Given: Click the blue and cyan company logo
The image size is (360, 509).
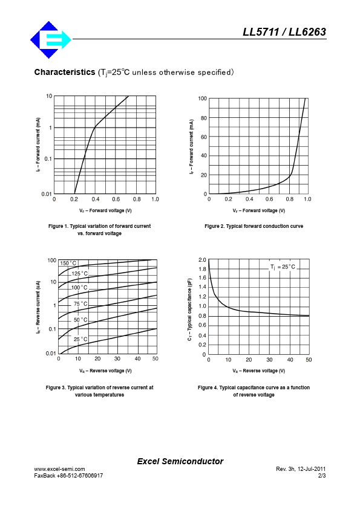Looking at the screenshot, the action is pos(51,40).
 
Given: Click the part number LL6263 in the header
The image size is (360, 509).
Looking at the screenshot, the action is pos(307,32).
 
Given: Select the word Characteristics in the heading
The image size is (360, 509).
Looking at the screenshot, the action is pos(65,72).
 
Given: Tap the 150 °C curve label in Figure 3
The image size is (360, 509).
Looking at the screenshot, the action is pos(68,263).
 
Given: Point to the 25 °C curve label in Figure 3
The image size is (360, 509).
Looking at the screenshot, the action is pos(80,339).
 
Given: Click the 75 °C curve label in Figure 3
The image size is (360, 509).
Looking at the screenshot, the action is pos(80,304).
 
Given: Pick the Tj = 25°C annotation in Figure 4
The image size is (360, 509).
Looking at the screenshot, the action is pos(283,267).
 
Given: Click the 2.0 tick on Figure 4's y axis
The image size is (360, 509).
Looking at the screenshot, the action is pos(202,260).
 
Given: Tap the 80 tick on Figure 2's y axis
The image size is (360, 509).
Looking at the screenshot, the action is pos(204,118).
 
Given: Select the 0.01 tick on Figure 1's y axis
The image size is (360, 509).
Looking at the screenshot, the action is pos(47,194).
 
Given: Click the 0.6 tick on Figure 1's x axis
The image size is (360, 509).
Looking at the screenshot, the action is pos(116,199).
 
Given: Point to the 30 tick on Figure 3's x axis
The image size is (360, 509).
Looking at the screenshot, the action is pos(117,358).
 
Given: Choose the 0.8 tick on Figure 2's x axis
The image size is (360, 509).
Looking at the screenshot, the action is pos(289,199).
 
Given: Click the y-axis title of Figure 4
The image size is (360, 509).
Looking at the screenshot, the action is pos(190,310).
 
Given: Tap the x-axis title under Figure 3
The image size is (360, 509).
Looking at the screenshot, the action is pos(106,371).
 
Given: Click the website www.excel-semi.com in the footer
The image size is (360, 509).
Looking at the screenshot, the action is pos(59,469).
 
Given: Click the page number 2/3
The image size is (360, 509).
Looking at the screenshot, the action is pos(322,476).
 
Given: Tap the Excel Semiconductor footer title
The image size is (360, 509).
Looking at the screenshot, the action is pos(180,461).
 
